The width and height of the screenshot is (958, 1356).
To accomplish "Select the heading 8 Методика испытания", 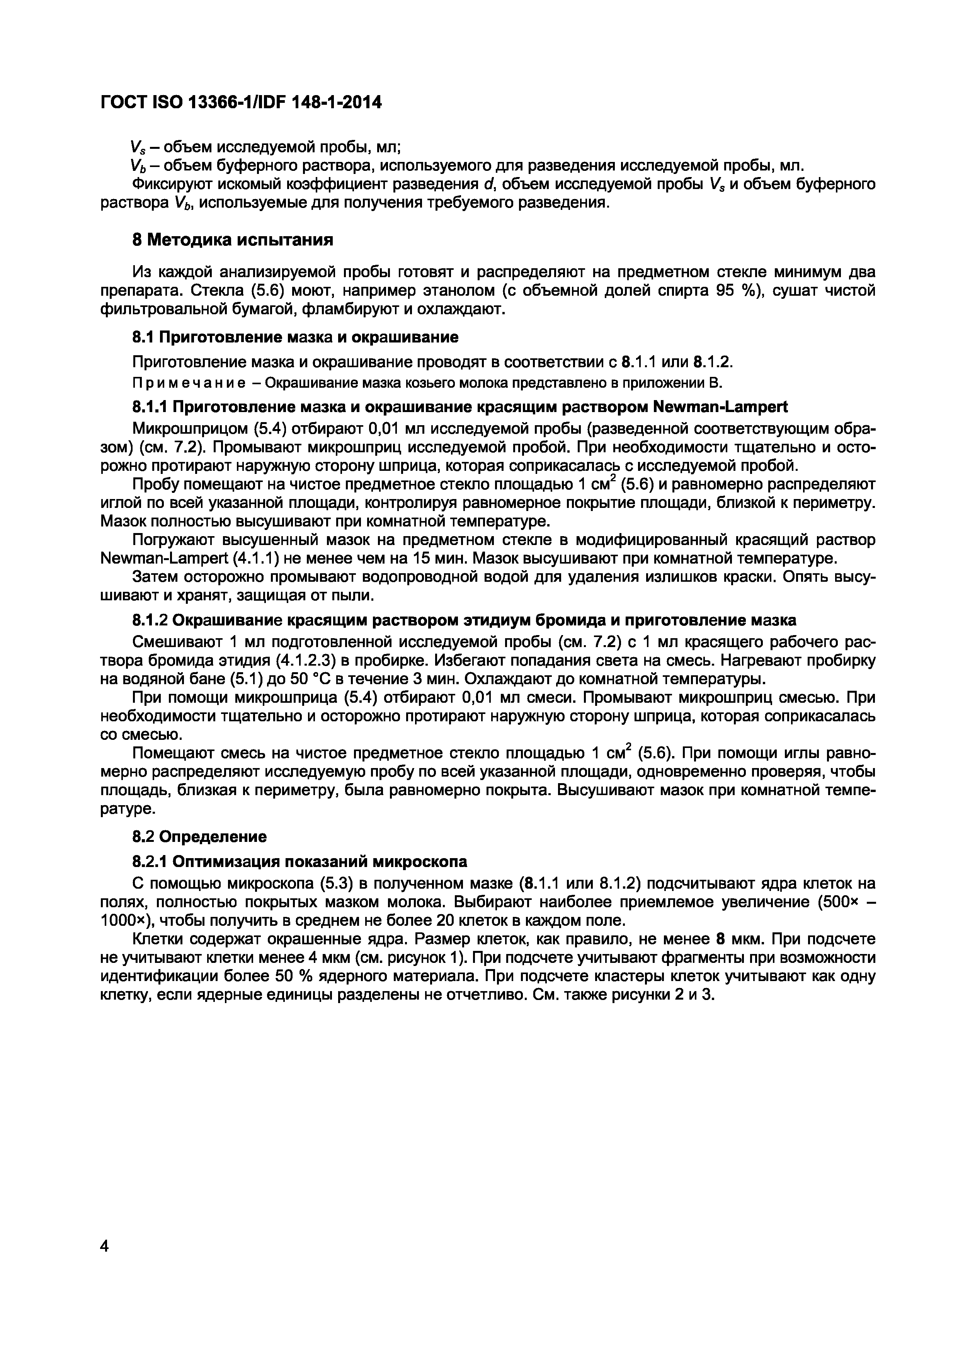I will pyautogui.click(x=232, y=240).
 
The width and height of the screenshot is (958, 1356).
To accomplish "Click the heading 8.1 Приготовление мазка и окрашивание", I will pyautogui.click(x=294, y=337).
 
